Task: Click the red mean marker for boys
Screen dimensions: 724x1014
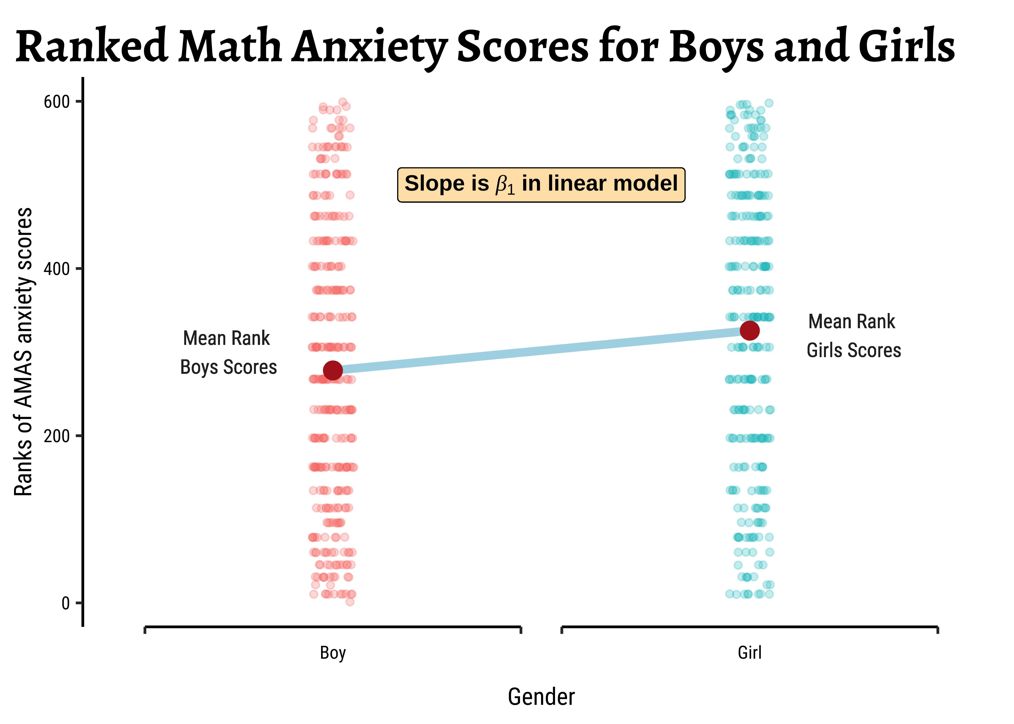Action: click(333, 370)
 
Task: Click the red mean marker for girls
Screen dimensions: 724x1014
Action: click(750, 331)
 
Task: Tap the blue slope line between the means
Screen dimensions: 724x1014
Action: click(541, 351)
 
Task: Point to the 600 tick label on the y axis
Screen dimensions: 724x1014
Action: click(57, 102)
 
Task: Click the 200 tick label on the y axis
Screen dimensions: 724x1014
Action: click(57, 436)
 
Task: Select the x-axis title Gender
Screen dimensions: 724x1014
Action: click(541, 697)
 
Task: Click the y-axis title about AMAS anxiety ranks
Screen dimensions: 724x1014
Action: click(23, 352)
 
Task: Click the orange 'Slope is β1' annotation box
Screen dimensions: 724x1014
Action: click(541, 185)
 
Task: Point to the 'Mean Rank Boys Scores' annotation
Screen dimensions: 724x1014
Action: click(228, 353)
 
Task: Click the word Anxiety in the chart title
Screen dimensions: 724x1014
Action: click(370, 47)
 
